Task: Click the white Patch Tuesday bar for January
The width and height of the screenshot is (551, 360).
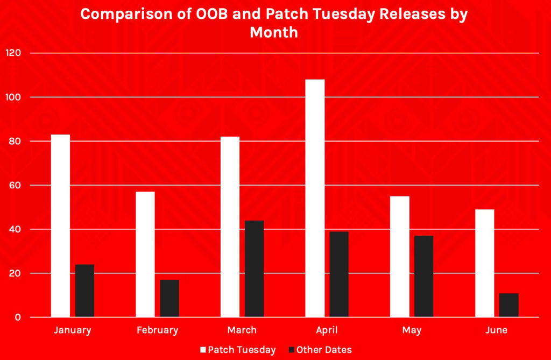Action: coord(60,225)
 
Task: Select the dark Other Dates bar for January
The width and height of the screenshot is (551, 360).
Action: coord(84,291)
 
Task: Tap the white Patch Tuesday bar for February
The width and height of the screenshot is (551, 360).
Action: coord(145,254)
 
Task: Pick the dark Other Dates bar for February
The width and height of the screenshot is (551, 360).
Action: coord(169,299)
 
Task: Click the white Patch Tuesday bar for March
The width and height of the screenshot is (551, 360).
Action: coord(230,227)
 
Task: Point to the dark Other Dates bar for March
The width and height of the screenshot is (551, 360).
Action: coord(255,269)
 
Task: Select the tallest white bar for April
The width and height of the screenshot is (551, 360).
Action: coord(315,198)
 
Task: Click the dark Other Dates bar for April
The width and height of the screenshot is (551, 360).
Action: coord(339,274)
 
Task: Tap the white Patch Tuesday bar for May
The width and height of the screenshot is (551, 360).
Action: coord(400,257)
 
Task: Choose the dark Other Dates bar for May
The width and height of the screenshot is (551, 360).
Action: coord(424,277)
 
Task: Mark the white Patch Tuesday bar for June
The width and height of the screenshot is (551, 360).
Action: coord(485,263)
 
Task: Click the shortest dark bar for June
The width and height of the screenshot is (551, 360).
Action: coord(509,305)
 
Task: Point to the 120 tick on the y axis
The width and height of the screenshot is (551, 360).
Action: coord(13,53)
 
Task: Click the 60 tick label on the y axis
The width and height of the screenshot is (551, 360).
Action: coord(15,185)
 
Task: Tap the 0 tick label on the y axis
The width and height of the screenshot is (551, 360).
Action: coord(18,317)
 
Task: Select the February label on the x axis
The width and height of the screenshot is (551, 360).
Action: coord(158,330)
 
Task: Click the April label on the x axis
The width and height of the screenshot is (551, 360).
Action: coord(327,330)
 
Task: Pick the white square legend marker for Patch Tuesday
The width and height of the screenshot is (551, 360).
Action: coord(203,350)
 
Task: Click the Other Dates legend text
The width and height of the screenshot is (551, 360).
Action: coord(324,350)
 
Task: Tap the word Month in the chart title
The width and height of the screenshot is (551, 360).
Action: coord(274,32)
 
